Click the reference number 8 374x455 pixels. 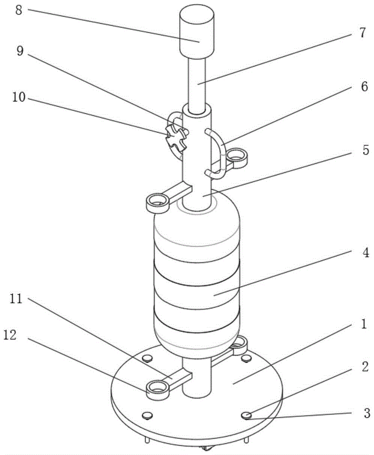pyautogui.click(x=19, y=10)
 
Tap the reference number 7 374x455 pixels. pyautogui.click(x=363, y=33)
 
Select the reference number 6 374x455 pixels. pyautogui.click(x=364, y=86)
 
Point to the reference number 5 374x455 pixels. pyautogui.click(x=366, y=151)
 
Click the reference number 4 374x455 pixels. pyautogui.click(x=366, y=253)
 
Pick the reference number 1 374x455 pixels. pyautogui.click(x=364, y=324)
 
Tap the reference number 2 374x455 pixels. pyautogui.click(x=365, y=366)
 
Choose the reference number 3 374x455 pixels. pyautogui.click(x=367, y=413)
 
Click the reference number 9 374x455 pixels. pyautogui.click(x=20, y=51)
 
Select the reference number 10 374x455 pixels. pyautogui.click(x=19, y=97)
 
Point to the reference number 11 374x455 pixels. pyautogui.click(x=16, y=298)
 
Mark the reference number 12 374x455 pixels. pyautogui.click(x=10, y=335)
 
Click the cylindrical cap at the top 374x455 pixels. pyautogui.click(x=197, y=32)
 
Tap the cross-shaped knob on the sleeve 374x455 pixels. pyautogui.click(x=176, y=138)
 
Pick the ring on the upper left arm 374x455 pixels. pyautogui.click(x=157, y=203)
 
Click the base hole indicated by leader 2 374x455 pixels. pyautogui.click(x=246, y=415)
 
